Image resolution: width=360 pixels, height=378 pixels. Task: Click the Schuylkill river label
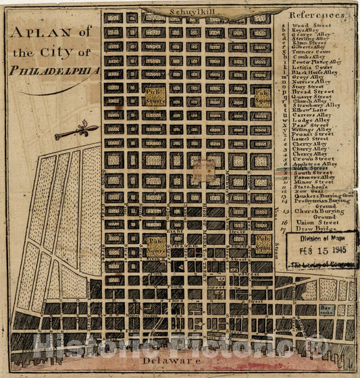pos(195,11)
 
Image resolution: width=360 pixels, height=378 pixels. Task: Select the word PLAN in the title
pos(43,33)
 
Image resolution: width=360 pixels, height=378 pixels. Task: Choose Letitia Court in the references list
pos(312,67)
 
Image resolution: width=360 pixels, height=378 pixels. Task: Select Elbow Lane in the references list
pos(309,111)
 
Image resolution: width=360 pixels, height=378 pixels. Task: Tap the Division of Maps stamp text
pos(322,237)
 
